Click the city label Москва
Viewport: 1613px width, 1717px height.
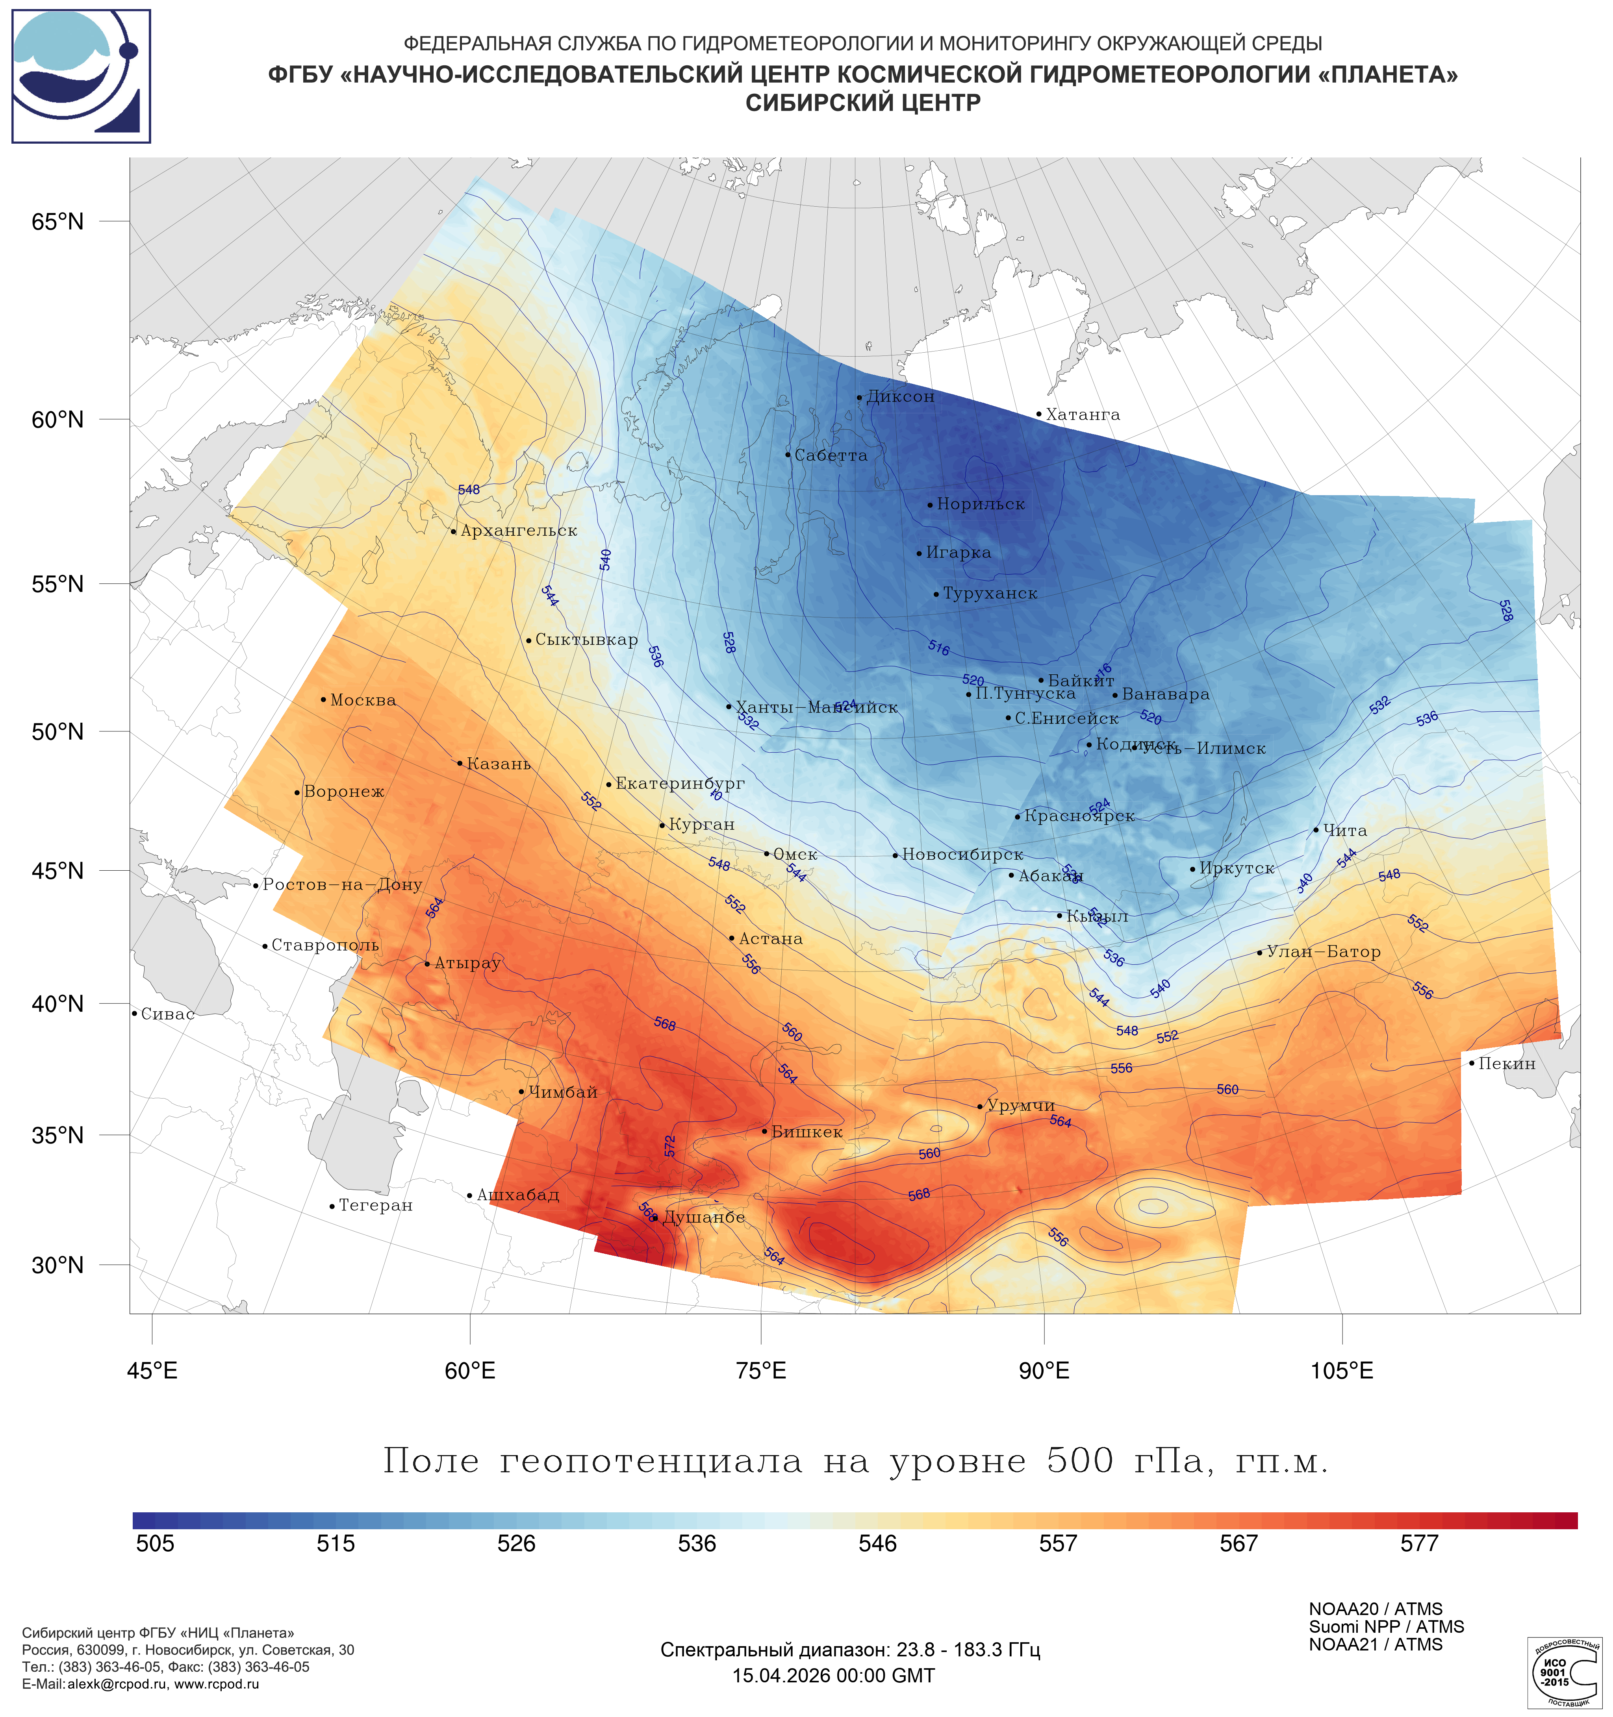[x=363, y=700]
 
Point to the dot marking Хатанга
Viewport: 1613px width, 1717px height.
[x=1038, y=414]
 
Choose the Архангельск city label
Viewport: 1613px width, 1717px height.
[x=518, y=531]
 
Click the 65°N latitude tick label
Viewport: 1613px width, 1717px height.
[x=58, y=222]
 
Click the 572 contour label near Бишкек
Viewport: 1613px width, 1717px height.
[x=670, y=1146]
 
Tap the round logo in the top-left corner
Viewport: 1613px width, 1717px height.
[x=81, y=76]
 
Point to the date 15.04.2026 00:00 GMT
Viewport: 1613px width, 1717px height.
[x=834, y=1676]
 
